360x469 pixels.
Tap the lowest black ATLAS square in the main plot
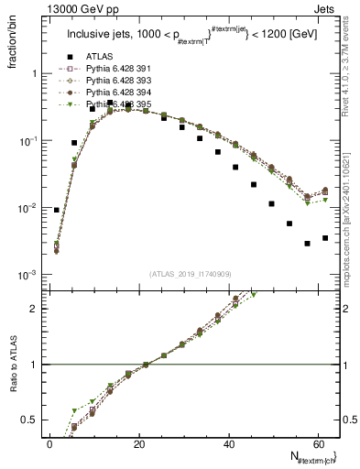(x=308, y=244)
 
